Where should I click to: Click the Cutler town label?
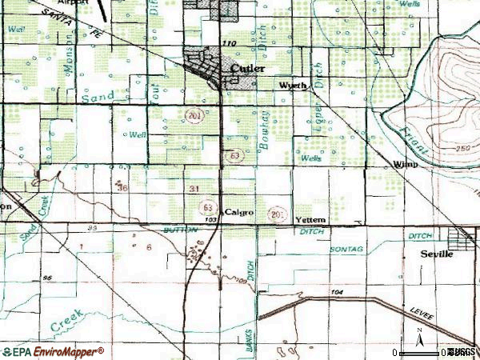click(246, 69)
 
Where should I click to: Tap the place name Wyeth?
click(292, 86)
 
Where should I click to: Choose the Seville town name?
click(437, 254)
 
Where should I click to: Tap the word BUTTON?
click(179, 230)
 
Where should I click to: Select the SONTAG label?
click(346, 250)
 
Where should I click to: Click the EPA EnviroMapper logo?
click(54, 351)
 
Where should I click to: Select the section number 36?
click(122, 188)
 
